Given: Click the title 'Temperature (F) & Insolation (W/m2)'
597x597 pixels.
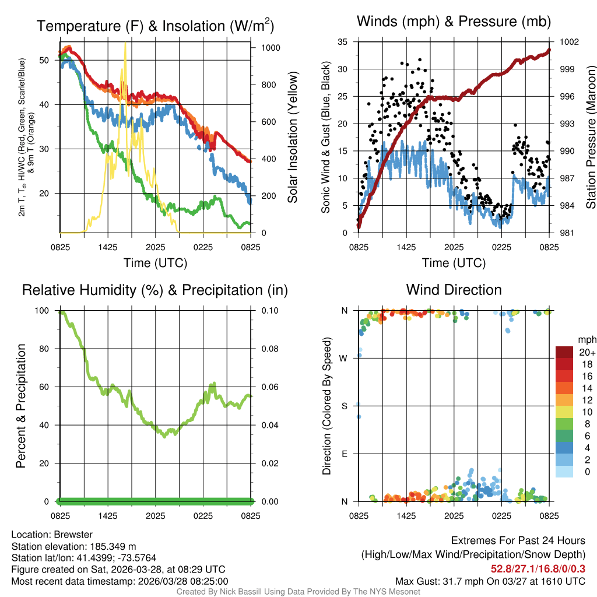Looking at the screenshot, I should click(155, 26).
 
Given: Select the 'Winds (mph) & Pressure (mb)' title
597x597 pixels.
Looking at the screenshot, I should click(454, 22).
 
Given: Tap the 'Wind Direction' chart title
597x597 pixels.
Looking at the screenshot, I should click(454, 290).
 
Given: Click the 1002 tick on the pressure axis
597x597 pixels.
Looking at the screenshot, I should click(568, 42).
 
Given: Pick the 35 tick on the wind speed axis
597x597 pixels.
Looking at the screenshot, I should click(343, 42).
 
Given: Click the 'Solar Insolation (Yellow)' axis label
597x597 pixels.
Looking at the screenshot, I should click(293, 138).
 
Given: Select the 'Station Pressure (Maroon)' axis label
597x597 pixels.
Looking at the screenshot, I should click(591, 138).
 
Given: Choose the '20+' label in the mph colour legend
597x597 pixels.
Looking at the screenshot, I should click(587, 352).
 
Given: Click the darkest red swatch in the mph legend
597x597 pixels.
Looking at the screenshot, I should click(566, 352).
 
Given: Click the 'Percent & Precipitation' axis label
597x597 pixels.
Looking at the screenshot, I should click(20, 406).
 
